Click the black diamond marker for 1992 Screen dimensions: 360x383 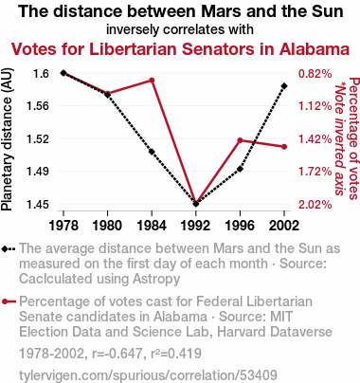(196, 204)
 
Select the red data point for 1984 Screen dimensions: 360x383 (152, 81)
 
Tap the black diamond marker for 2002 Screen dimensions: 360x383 (284, 86)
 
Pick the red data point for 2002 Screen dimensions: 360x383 (284, 147)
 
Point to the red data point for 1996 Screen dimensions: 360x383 (240, 140)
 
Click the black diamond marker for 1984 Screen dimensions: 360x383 (152, 152)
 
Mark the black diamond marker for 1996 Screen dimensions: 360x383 (240, 169)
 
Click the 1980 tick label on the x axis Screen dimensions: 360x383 (107, 226)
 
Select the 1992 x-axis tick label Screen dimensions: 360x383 (196, 226)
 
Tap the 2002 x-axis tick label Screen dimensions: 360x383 (284, 226)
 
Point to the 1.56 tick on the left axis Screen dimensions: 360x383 (38, 106)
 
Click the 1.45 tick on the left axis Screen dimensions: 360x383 (38, 205)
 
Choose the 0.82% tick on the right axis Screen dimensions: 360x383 (315, 74)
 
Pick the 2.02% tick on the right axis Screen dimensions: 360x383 (315, 205)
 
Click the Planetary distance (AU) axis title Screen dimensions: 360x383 (7, 139)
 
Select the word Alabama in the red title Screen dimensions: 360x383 (315, 49)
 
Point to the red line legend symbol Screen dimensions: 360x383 (9, 301)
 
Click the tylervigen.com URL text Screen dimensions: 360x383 (148, 375)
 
